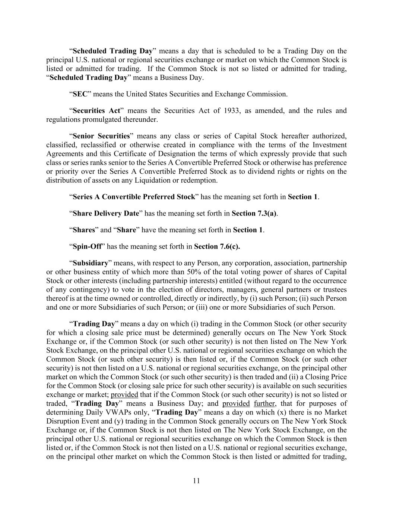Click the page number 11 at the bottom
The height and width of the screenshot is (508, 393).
pos(197,480)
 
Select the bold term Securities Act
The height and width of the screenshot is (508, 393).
pos(96,111)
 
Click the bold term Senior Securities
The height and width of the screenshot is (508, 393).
pos(101,136)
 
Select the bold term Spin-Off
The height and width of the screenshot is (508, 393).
pos(87,246)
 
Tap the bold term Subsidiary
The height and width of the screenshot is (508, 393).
pos(90,263)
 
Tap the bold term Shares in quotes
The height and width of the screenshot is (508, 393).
pos(84,230)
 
